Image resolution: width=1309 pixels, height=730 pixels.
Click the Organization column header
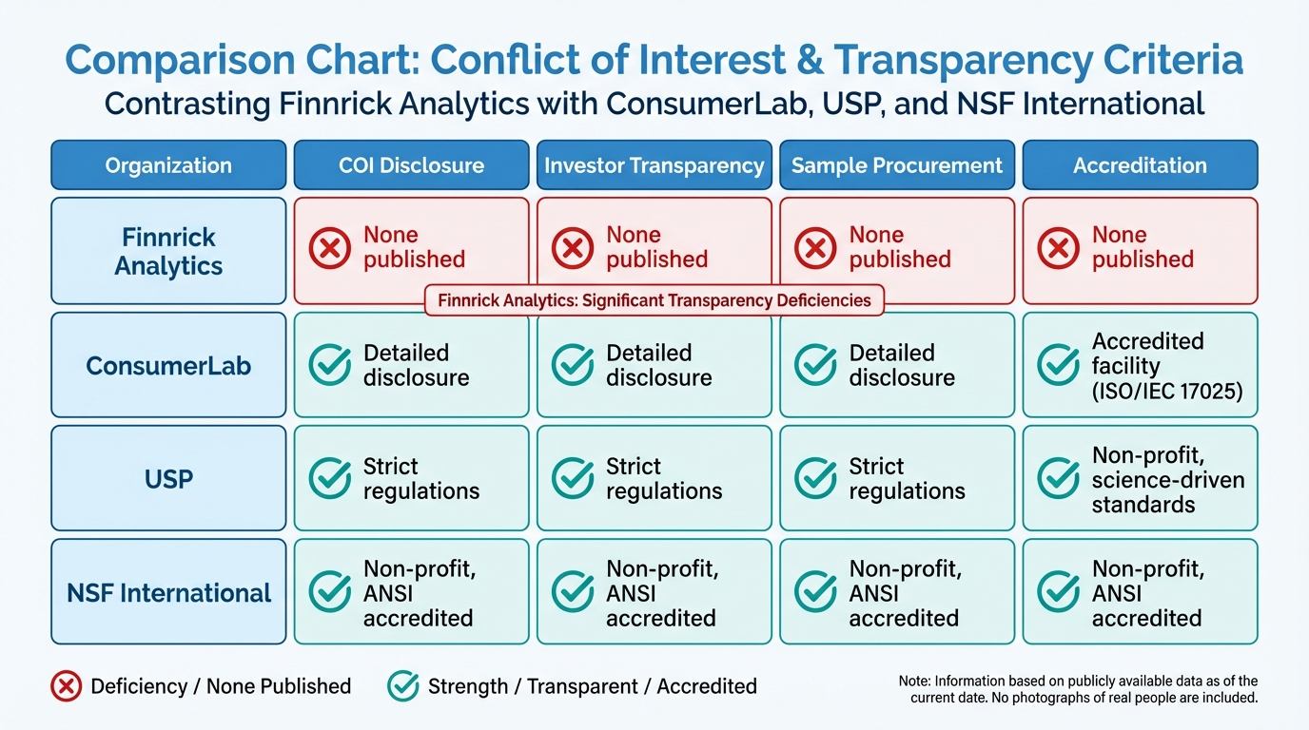point(168,165)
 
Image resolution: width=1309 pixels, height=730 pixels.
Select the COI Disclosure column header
point(411,165)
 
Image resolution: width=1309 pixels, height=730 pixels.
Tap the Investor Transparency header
point(654,165)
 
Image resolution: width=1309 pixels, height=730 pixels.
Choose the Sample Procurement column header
point(897,165)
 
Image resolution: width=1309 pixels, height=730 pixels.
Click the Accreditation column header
point(1140,165)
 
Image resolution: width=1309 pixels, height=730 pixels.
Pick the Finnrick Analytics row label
point(168,251)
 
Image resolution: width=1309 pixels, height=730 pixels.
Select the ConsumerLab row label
point(168,365)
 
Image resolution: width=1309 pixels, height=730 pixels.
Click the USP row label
point(168,478)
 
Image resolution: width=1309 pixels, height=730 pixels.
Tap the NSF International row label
point(168,592)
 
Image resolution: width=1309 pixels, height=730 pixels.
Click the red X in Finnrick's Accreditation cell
point(1058,248)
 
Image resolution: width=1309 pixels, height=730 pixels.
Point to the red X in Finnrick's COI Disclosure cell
point(329,248)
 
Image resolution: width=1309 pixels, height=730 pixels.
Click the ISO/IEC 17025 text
point(1167,391)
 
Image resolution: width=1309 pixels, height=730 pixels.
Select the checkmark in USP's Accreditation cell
point(1058,478)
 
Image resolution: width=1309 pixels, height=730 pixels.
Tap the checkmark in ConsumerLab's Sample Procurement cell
point(815,365)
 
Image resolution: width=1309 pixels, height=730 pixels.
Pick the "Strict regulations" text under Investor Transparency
point(664,478)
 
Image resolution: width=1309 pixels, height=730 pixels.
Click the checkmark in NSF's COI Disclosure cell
point(329,592)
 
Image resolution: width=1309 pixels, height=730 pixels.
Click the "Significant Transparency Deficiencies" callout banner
point(654,300)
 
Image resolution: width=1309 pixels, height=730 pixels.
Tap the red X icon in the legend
point(66,686)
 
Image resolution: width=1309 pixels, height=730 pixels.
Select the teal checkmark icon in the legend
point(402,686)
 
